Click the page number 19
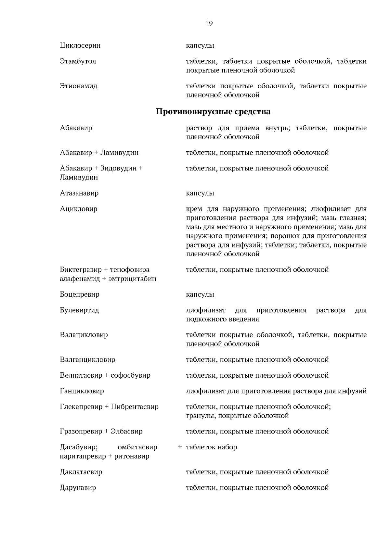pyautogui.click(x=209, y=23)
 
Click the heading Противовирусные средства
pyautogui.click(x=213, y=112)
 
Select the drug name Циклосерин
pyautogui.click(x=80, y=45)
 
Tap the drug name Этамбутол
pyautogui.click(x=78, y=61)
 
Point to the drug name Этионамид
pyautogui.click(x=78, y=86)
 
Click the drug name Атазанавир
pyautogui.click(x=79, y=193)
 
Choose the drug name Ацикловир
pyautogui.click(x=78, y=209)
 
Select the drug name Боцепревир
pyautogui.click(x=79, y=294)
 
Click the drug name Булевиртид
pyautogui.click(x=79, y=310)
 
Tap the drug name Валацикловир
pyautogui.click(x=84, y=335)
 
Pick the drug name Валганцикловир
pyautogui.click(x=87, y=360)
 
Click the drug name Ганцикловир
pyautogui.click(x=82, y=391)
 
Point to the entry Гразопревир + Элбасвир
pyautogui.click(x=101, y=432)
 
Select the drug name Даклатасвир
pyautogui.click(x=81, y=472)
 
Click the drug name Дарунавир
pyautogui.click(x=78, y=488)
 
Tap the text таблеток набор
pyautogui.click(x=211, y=447)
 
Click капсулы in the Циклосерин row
pyautogui.click(x=200, y=45)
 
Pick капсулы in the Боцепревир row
pyautogui.click(x=200, y=294)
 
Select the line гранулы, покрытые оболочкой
pyautogui.click(x=237, y=416)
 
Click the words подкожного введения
pyautogui.click(x=222, y=319)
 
